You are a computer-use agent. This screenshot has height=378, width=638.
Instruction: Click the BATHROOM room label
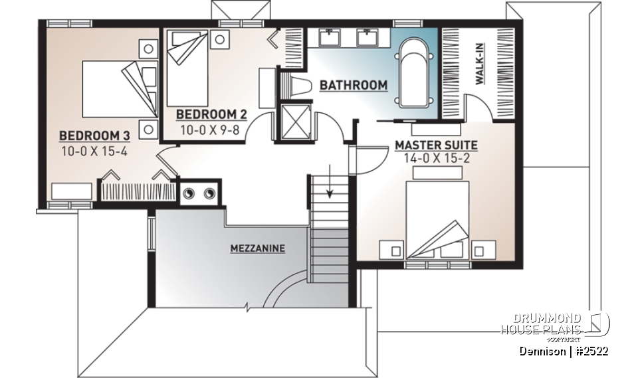click(x=353, y=85)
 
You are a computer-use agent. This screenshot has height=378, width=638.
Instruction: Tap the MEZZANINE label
click(x=258, y=248)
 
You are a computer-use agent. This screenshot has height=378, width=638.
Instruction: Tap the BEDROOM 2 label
click(x=206, y=114)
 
